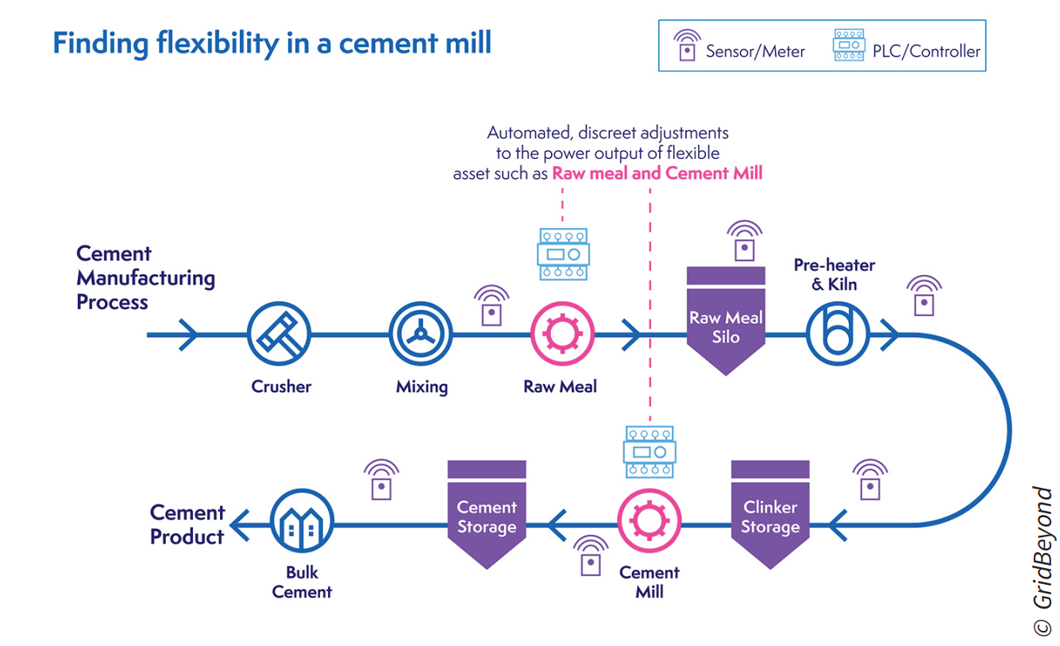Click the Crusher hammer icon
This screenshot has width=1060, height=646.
click(x=279, y=334)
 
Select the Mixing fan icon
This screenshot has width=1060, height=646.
click(x=420, y=334)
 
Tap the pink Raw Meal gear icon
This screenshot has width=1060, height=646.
click(x=562, y=334)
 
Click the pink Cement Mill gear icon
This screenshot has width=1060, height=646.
click(x=649, y=521)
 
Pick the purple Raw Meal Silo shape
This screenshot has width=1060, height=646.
click(x=726, y=321)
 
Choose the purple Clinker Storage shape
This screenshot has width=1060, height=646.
click(x=770, y=514)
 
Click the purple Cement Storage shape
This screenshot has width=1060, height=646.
click(x=487, y=514)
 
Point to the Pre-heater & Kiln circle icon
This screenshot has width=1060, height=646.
click(x=838, y=334)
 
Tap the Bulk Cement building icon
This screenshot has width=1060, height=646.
click(x=302, y=521)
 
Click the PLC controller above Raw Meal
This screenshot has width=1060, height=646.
click(x=563, y=254)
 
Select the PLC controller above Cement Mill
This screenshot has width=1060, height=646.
click(x=649, y=452)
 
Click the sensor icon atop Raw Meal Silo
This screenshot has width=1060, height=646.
click(x=744, y=241)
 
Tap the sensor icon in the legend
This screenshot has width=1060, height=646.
click(x=687, y=45)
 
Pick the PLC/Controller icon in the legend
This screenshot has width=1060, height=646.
click(x=849, y=45)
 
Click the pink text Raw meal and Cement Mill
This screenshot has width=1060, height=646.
click(x=657, y=173)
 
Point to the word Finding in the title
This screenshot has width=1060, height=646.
click(x=101, y=44)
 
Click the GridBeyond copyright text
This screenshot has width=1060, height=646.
click(x=1042, y=561)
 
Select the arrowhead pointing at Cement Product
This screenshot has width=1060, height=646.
click(x=240, y=525)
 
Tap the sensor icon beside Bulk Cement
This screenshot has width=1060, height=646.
click(x=381, y=479)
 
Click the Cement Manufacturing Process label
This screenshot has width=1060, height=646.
click(x=146, y=277)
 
